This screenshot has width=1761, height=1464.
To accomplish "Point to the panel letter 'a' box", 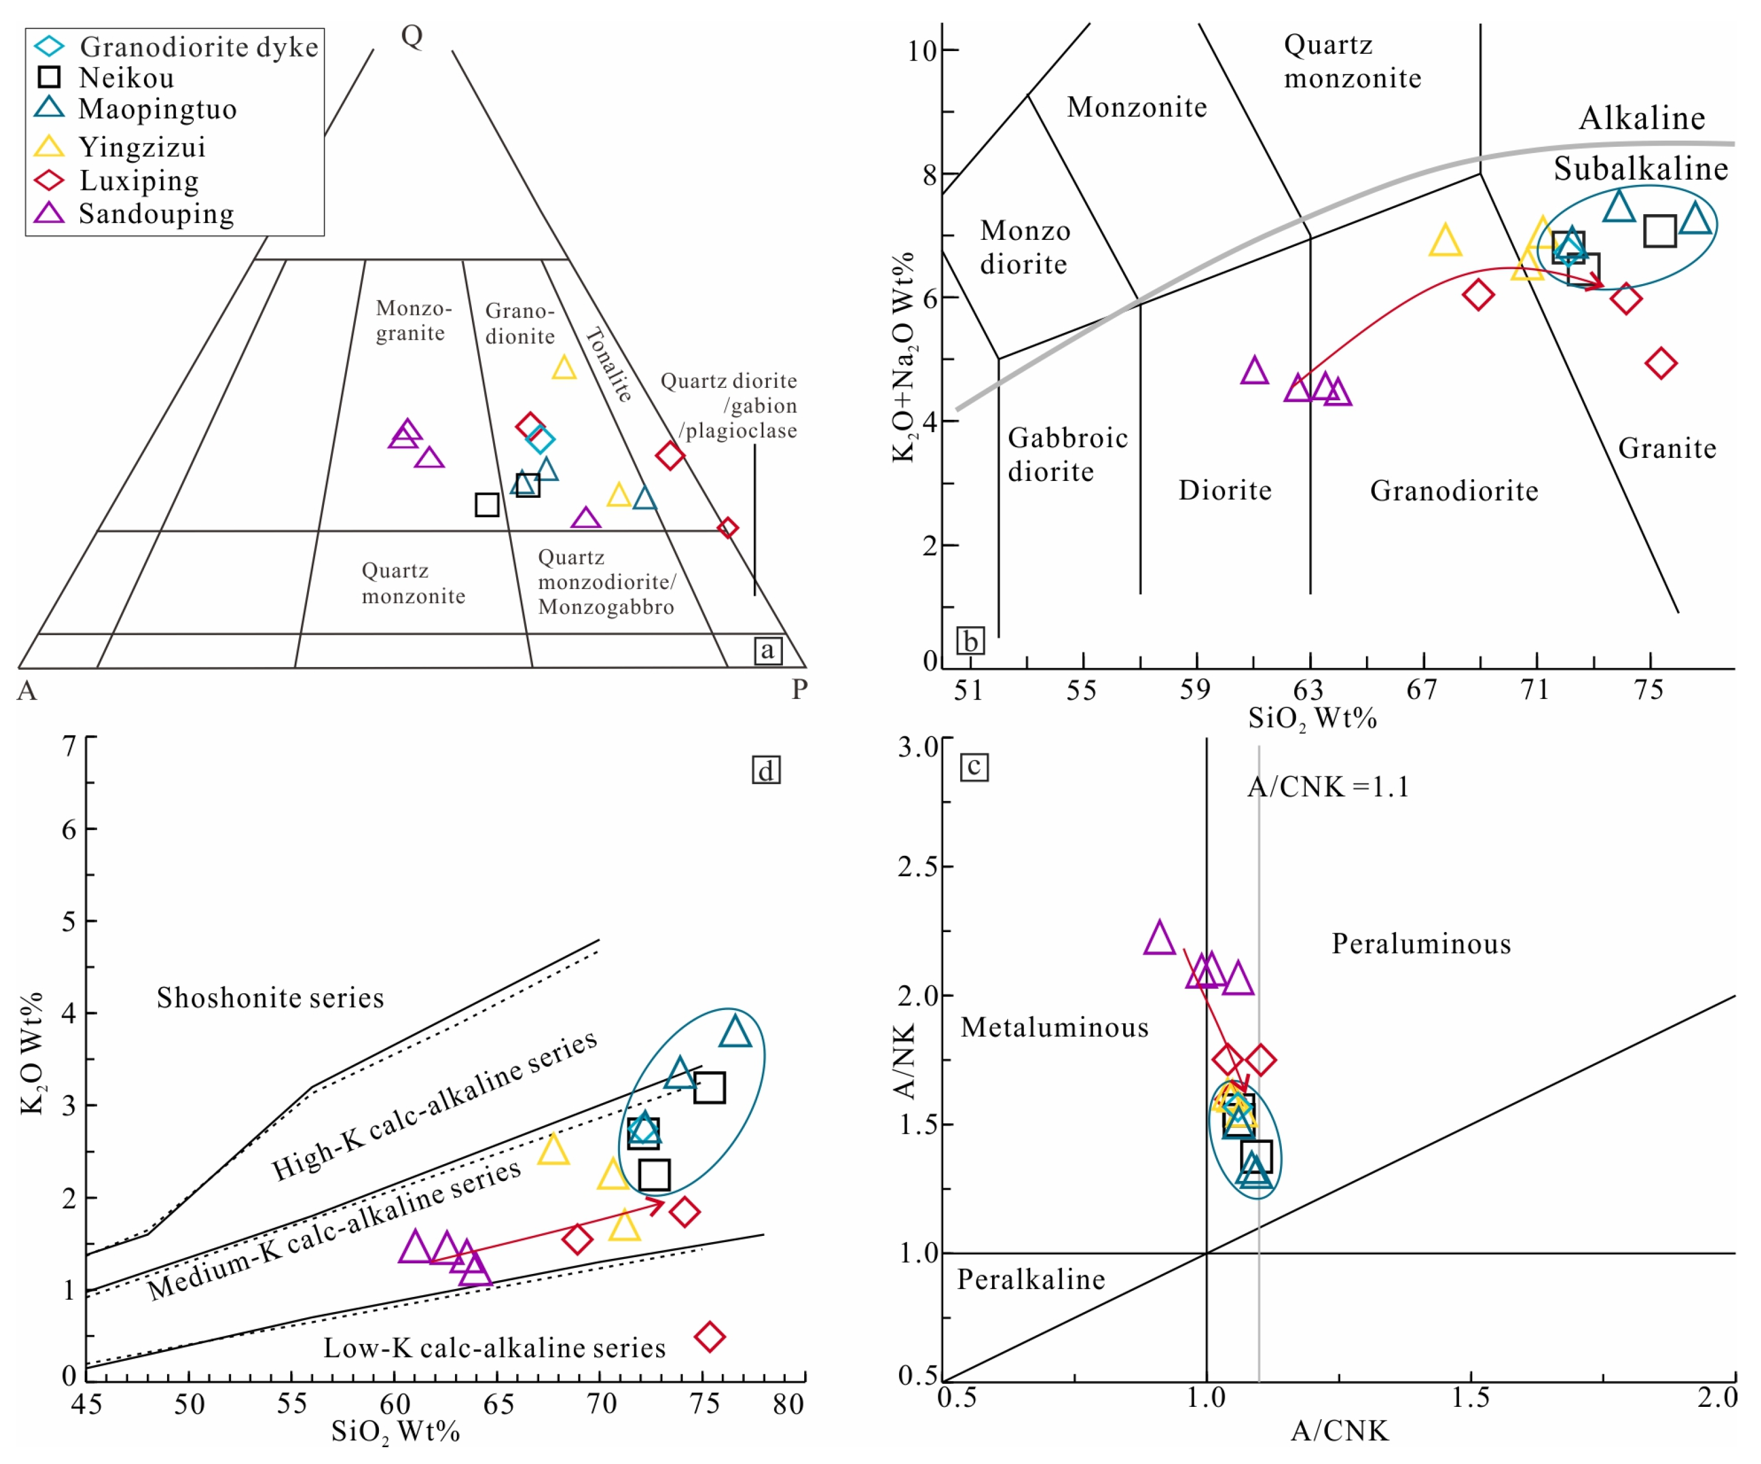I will pos(767,650).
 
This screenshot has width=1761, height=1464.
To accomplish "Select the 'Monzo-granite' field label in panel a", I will pos(413,320).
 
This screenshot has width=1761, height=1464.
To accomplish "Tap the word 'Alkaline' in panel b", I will pos(1641,118).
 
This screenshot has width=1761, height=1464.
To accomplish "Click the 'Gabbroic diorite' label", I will pos(1067,455).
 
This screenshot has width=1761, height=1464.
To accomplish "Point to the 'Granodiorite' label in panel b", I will pos(1454,490).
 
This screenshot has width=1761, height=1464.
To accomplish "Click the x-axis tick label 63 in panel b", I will pos(1308,690).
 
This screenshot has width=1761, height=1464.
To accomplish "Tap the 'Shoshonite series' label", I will pos(270,998).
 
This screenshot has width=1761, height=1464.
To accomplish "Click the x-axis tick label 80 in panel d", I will pos(788,1405).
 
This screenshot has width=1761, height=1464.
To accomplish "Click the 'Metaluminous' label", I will pos(1054,1028).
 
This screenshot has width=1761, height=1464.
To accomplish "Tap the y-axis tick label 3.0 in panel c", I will pos(918,746).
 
